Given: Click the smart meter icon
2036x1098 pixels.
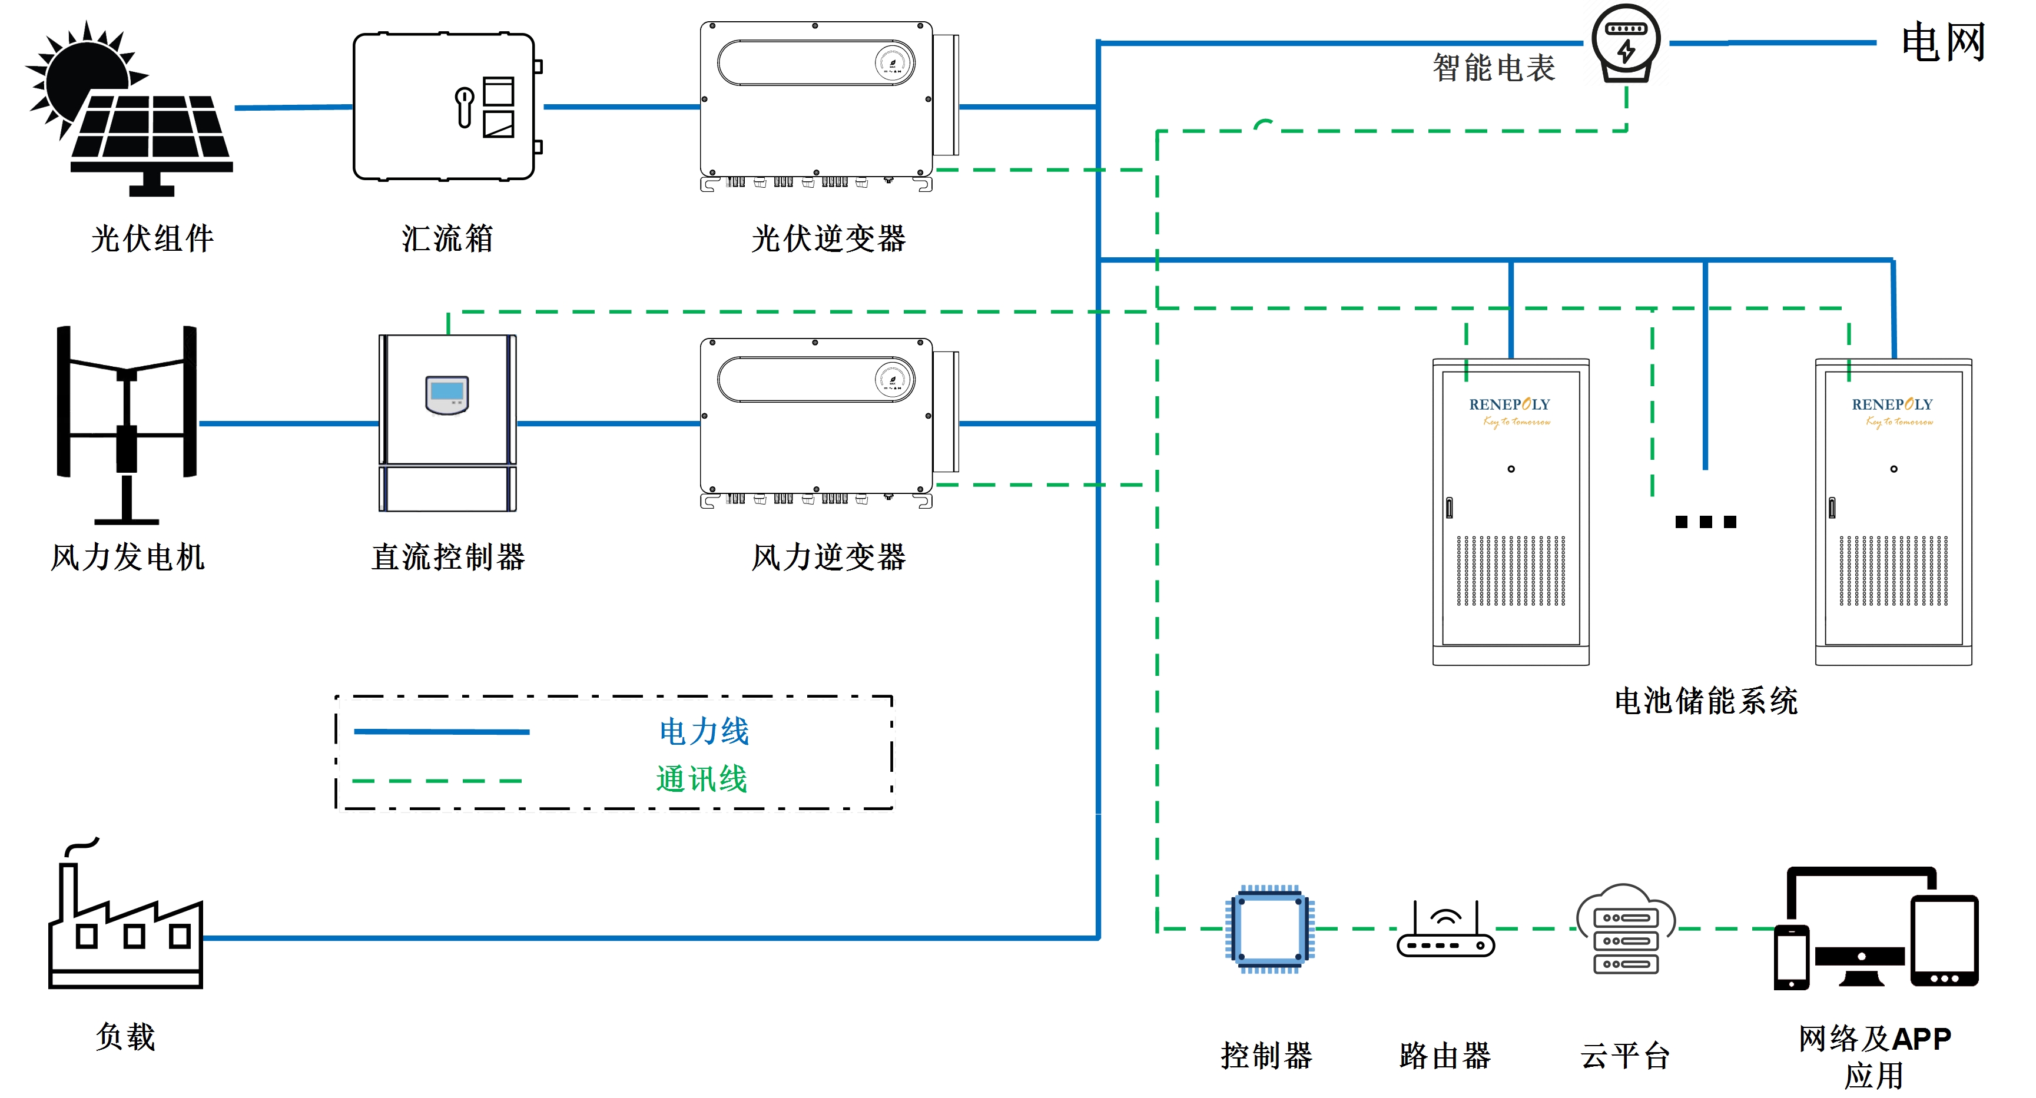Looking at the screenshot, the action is pos(1625,44).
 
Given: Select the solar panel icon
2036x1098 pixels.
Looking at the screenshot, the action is pos(130,108).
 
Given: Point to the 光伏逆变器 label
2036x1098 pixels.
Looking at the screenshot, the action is pos(828,238).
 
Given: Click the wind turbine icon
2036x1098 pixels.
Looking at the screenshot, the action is pos(127,424).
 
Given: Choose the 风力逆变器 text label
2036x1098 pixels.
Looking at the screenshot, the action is pos(828,556).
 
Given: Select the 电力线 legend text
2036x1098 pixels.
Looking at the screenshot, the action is pos(704,731).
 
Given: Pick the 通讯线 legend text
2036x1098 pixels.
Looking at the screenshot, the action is pos(702,779).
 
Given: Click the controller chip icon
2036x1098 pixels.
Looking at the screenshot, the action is pos(1269,929).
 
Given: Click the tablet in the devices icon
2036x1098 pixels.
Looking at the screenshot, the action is pos(1944,941).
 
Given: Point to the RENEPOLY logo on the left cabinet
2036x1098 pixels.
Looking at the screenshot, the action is pos(1510,411).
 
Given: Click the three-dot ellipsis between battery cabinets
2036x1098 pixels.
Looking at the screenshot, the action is pos(1706,522).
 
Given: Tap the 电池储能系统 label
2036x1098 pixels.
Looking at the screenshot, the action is pos(1706,701).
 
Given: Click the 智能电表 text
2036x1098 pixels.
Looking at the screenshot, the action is pos(1494,67).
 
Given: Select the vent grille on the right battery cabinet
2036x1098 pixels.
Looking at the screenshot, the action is pos(1893,570).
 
